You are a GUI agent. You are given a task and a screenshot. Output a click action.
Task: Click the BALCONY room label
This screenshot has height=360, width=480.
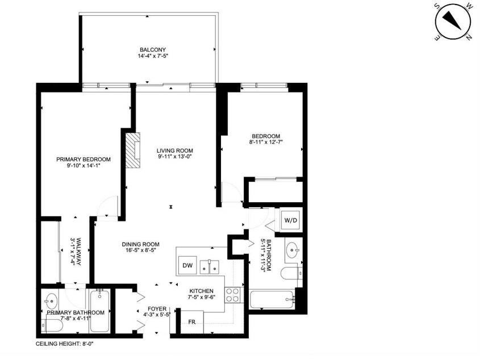pyautogui.click(x=153, y=49)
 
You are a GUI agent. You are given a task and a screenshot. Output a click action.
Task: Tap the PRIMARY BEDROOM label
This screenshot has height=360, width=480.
pyautogui.click(x=84, y=159)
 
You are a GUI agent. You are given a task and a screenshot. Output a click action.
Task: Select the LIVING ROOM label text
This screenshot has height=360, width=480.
pyautogui.click(x=175, y=150)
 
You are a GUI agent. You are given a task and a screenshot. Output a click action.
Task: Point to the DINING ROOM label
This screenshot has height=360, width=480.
pyautogui.click(x=140, y=244)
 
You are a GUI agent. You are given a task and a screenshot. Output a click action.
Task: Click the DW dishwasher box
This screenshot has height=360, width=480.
pyautogui.click(x=187, y=265)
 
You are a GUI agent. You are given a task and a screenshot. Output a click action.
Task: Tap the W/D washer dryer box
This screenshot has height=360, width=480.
pyautogui.click(x=290, y=220)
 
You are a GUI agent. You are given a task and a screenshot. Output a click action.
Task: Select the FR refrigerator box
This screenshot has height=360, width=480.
pyautogui.click(x=192, y=322)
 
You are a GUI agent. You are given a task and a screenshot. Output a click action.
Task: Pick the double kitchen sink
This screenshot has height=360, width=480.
pyautogui.click(x=210, y=267)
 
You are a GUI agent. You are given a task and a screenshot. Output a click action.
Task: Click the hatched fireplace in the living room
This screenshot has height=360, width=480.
pyautogui.click(x=133, y=150)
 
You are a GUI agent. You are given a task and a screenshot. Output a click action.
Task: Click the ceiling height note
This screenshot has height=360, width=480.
pyautogui.click(x=64, y=344)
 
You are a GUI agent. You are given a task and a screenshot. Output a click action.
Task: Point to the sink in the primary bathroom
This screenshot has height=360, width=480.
pyautogui.click(x=51, y=301)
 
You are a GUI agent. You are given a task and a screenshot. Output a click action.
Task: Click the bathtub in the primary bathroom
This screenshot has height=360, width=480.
pyautogui.click(x=99, y=311)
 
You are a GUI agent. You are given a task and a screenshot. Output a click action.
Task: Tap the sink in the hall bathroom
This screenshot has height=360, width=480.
pyautogui.click(x=292, y=250)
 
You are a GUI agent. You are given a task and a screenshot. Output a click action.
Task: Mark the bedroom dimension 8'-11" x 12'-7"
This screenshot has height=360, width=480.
pyautogui.click(x=266, y=142)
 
